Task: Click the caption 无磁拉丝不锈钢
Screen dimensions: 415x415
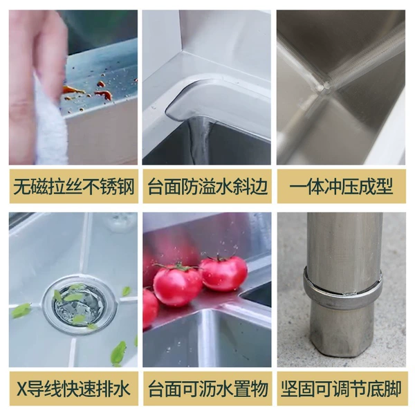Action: click(x=74, y=187)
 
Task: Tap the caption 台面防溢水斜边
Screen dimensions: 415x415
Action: click(x=207, y=187)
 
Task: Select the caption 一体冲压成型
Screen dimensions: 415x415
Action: click(x=342, y=187)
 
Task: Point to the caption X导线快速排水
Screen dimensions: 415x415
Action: click(x=73, y=389)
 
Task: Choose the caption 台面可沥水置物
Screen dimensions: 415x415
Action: click(x=208, y=389)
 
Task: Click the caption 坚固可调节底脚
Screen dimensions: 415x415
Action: click(x=341, y=389)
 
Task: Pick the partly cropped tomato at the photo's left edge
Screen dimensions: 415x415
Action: click(x=150, y=308)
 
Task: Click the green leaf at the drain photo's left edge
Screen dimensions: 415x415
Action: click(x=21, y=311)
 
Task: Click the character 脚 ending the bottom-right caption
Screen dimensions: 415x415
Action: click(x=394, y=389)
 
